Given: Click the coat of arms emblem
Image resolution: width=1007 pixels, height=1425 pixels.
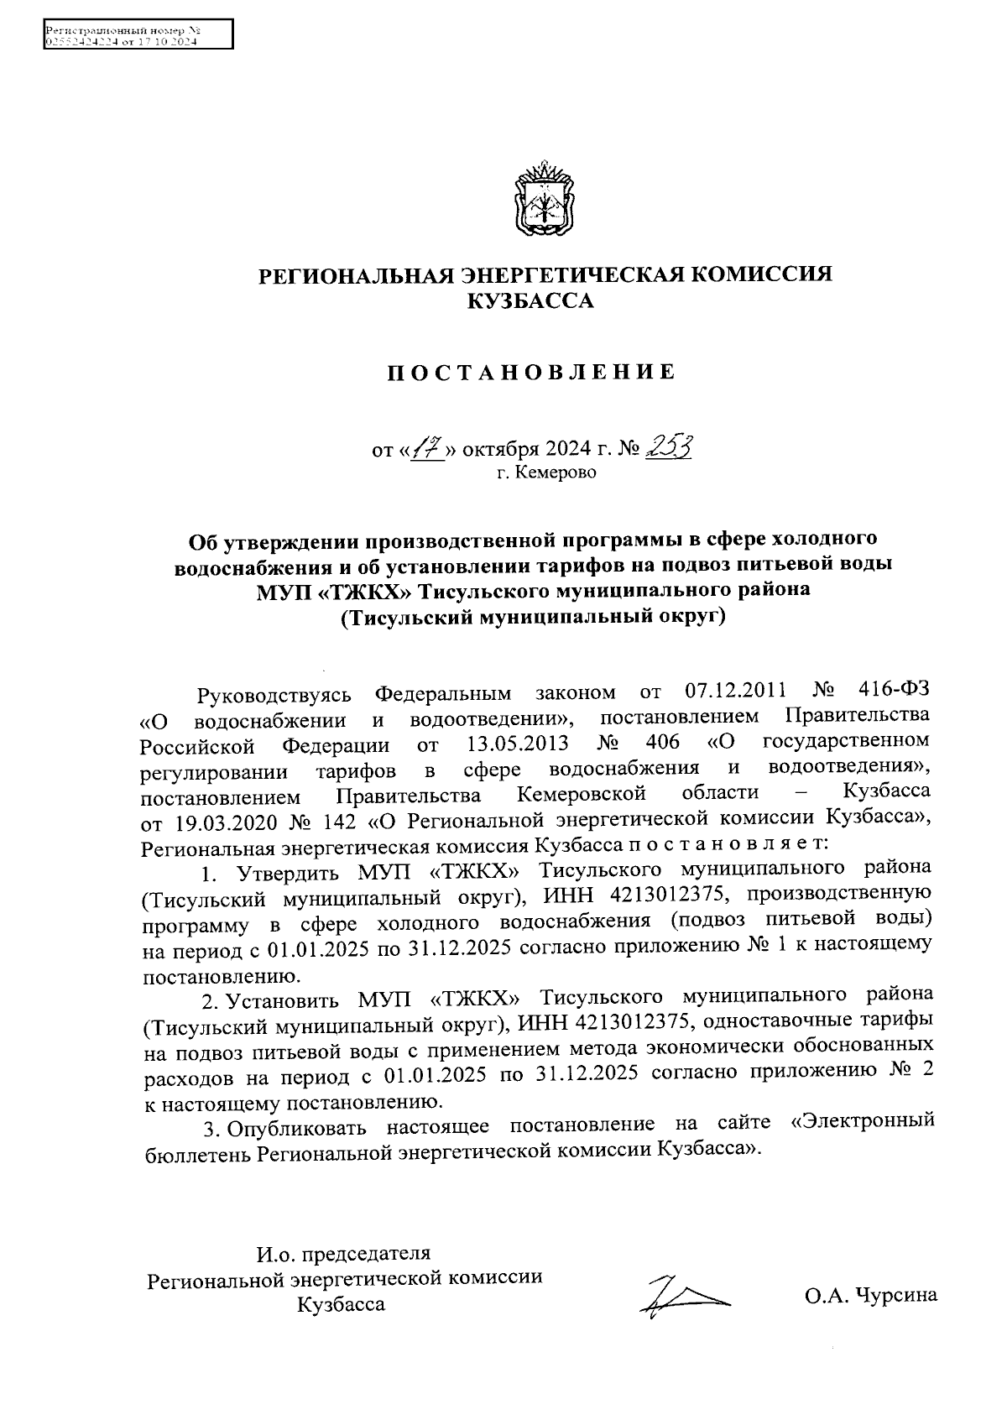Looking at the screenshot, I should coord(545,201).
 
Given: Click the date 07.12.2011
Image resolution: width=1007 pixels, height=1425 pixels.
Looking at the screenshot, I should coord(736,692).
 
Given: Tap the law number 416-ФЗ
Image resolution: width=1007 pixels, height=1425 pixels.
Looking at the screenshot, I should coord(895,692).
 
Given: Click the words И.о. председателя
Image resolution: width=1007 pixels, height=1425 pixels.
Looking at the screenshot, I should coord(343,1254).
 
